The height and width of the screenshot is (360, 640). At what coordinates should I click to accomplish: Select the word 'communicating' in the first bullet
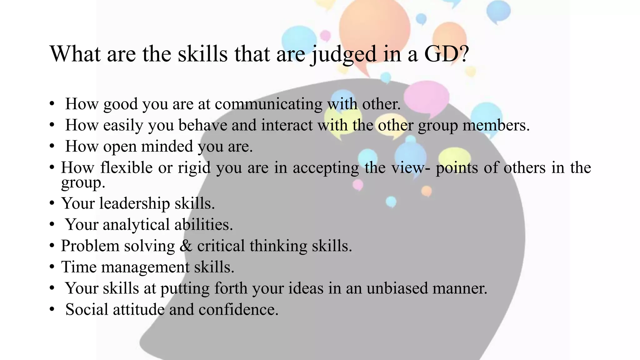(x=268, y=104)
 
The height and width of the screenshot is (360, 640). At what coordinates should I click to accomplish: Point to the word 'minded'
(x=167, y=147)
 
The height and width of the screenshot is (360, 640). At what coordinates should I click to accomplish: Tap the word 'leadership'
(x=134, y=203)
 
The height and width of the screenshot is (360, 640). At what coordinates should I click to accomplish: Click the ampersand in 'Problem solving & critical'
(x=186, y=246)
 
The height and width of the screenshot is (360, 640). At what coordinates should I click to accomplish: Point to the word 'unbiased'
(x=397, y=288)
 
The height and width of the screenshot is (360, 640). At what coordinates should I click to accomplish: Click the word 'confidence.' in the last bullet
(x=238, y=310)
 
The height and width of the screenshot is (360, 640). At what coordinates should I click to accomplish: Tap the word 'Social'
(x=87, y=310)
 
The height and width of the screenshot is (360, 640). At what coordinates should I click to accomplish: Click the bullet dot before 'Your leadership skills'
(x=52, y=204)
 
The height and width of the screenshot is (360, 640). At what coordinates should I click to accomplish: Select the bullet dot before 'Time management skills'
(x=52, y=267)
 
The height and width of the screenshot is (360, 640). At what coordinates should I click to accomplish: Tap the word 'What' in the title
(x=75, y=54)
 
